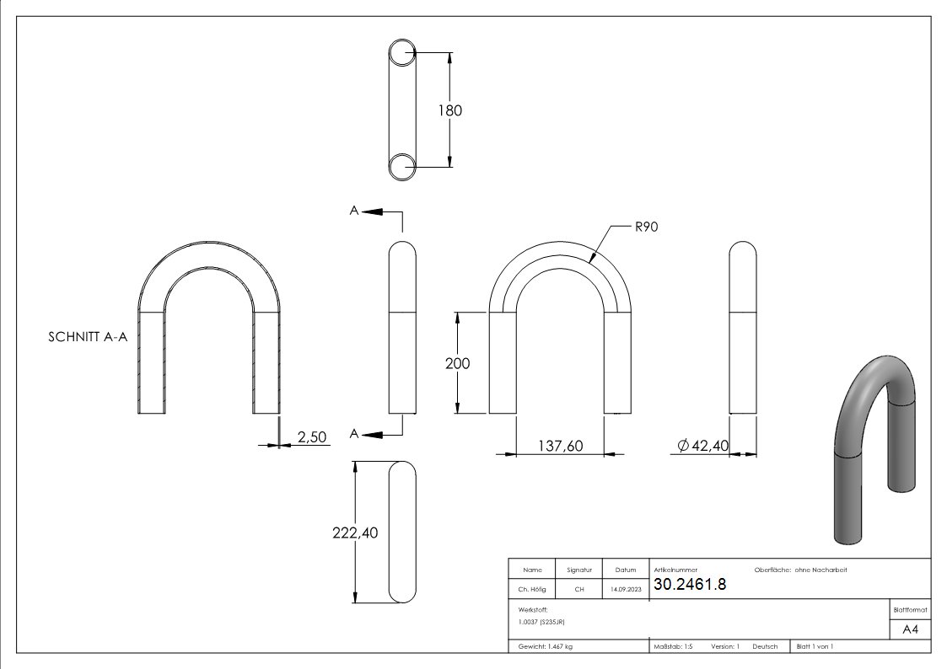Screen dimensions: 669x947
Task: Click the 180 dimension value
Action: tap(450, 110)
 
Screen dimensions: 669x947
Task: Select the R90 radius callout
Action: tap(646, 226)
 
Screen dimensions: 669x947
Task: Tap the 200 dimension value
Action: tap(457, 363)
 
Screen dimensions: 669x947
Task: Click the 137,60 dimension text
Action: tap(560, 446)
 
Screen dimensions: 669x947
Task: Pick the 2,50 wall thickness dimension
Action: tap(311, 436)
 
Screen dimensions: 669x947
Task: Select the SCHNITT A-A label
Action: tap(88, 337)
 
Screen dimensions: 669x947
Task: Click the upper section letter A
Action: tap(354, 211)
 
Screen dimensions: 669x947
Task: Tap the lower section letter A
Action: tap(354, 433)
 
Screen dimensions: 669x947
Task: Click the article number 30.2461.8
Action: tap(689, 585)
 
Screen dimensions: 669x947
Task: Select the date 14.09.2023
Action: tap(625, 590)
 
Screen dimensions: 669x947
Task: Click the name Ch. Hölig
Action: tap(531, 590)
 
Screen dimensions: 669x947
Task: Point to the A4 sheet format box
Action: tap(911, 629)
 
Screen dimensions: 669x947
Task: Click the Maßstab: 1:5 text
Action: tap(673, 646)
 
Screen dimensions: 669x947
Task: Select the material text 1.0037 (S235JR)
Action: tap(541, 621)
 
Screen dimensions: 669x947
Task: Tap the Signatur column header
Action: tap(579, 570)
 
